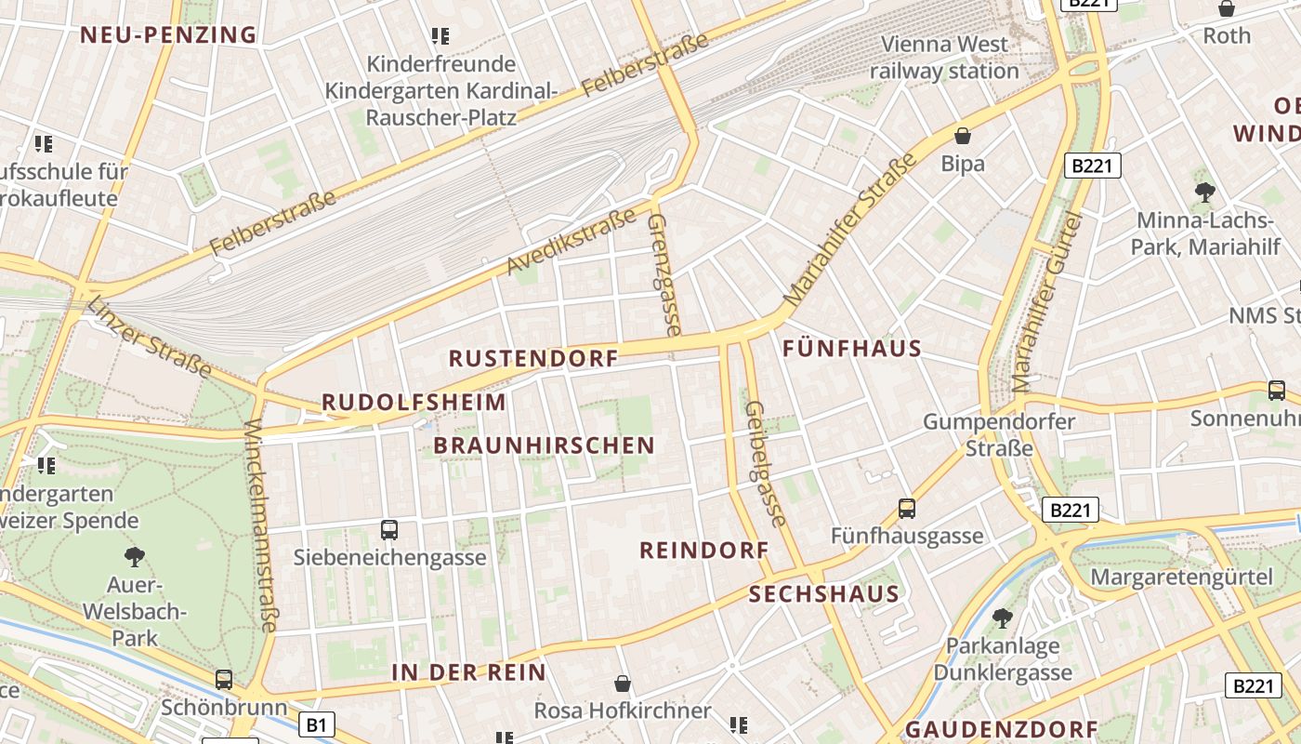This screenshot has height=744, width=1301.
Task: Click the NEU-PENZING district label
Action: pos(167,35)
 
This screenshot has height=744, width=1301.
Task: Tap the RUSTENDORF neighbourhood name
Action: pos(533,358)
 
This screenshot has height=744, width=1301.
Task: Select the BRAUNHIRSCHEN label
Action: pos(545,445)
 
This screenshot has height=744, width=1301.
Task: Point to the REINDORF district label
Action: pos(704,551)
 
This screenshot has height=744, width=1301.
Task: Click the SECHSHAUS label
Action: pos(824,594)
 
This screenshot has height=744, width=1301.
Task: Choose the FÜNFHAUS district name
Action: pos(852,350)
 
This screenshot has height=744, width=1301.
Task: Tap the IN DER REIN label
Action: pos(469,672)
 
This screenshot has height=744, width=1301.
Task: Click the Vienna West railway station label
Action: pos(944,58)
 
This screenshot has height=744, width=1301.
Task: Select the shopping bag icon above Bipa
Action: pos(963,136)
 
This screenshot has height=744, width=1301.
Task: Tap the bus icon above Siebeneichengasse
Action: pos(389,530)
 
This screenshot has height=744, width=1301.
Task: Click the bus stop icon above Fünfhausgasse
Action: pos(907,509)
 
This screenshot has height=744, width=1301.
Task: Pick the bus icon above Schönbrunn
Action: pos(224,679)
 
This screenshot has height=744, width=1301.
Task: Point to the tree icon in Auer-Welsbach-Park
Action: pos(135,557)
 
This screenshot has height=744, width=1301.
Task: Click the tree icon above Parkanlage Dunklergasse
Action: pos(1002,618)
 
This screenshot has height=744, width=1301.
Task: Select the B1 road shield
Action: pos(317,724)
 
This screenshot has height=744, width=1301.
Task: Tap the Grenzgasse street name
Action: pos(664,274)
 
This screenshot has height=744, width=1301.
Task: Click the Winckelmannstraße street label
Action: pos(259,525)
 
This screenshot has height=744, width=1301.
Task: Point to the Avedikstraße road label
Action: pos(572,241)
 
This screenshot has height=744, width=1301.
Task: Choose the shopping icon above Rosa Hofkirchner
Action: pos(623,684)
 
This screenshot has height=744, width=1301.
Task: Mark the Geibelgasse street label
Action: pos(767,463)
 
